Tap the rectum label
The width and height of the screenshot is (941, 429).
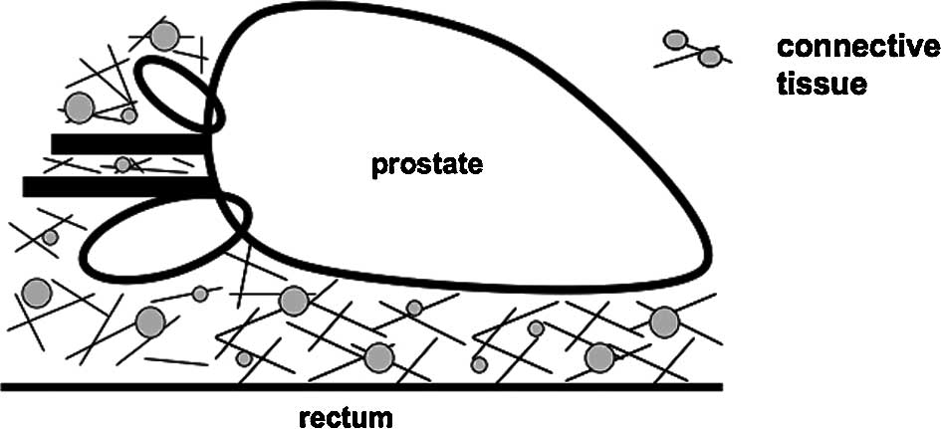[x=346, y=413]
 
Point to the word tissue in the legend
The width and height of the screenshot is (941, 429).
[x=821, y=85]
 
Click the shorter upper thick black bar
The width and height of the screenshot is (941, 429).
[x=129, y=144]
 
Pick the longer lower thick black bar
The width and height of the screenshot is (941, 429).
[x=118, y=186]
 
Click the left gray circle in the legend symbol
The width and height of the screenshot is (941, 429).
[x=675, y=40]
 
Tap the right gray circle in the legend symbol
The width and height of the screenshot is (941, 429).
[x=710, y=58]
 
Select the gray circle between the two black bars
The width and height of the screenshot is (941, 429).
[x=122, y=164]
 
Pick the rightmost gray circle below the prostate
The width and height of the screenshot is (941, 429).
[x=664, y=322]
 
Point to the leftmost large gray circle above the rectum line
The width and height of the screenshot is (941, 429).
[x=37, y=293]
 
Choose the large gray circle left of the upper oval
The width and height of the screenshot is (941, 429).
[x=79, y=107]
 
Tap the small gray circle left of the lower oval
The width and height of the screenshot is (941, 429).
[x=50, y=237]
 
